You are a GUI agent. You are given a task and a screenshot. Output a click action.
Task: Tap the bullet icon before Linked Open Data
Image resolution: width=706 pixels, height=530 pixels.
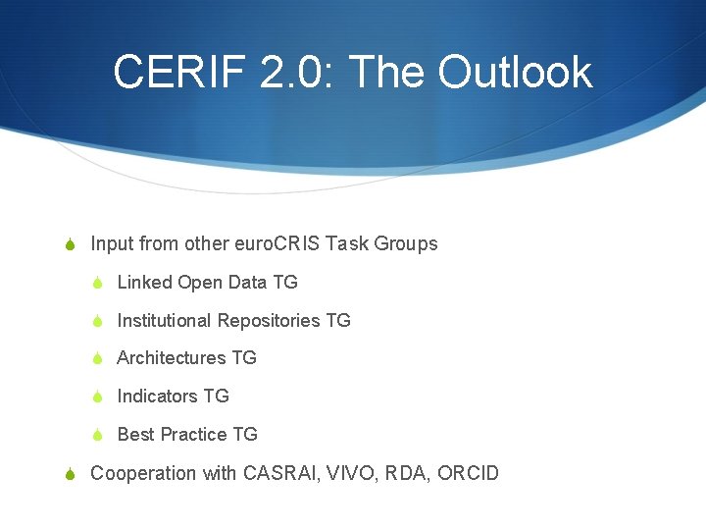(97, 283)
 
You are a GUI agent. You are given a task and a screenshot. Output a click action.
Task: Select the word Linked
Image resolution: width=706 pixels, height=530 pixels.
(144, 283)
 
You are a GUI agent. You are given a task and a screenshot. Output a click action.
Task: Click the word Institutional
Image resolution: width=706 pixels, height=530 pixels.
(164, 321)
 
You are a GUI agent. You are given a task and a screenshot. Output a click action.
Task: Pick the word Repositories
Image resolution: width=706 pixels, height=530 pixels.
(269, 321)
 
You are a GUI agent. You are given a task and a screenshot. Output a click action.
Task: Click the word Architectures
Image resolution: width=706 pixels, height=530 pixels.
(172, 358)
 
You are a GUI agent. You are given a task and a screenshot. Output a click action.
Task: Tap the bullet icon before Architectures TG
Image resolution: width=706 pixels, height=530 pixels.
(97, 359)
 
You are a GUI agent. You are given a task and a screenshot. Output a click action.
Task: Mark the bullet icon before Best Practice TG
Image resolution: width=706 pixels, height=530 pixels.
(97, 436)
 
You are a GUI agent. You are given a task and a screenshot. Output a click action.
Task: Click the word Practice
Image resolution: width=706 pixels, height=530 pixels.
(194, 435)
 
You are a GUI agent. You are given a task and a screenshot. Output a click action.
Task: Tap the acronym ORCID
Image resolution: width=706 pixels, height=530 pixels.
(468, 474)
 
